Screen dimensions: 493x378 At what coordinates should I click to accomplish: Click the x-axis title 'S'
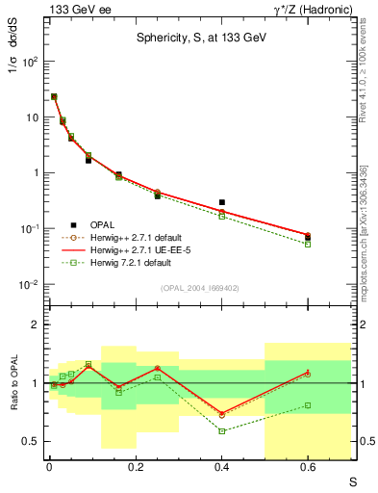(351, 480)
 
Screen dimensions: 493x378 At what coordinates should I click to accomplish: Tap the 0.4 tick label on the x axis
(221, 468)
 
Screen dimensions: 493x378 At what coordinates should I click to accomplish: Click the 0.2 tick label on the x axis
(135, 468)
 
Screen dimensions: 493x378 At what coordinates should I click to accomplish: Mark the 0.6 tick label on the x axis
(308, 468)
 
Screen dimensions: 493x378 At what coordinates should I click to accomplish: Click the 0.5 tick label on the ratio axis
(31, 441)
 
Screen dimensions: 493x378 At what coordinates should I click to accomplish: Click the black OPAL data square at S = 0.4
(221, 202)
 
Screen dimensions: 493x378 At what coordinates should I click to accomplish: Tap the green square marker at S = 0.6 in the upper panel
(308, 244)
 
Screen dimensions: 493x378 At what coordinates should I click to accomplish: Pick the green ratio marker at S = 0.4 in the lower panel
(221, 430)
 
